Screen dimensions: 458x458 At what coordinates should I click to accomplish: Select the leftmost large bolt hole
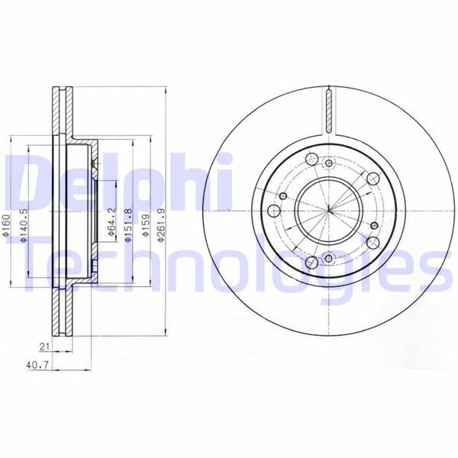tap(273, 209)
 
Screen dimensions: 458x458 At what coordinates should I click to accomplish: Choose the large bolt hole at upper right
tap(373, 177)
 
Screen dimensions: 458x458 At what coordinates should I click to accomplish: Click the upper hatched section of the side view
tap(60, 114)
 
